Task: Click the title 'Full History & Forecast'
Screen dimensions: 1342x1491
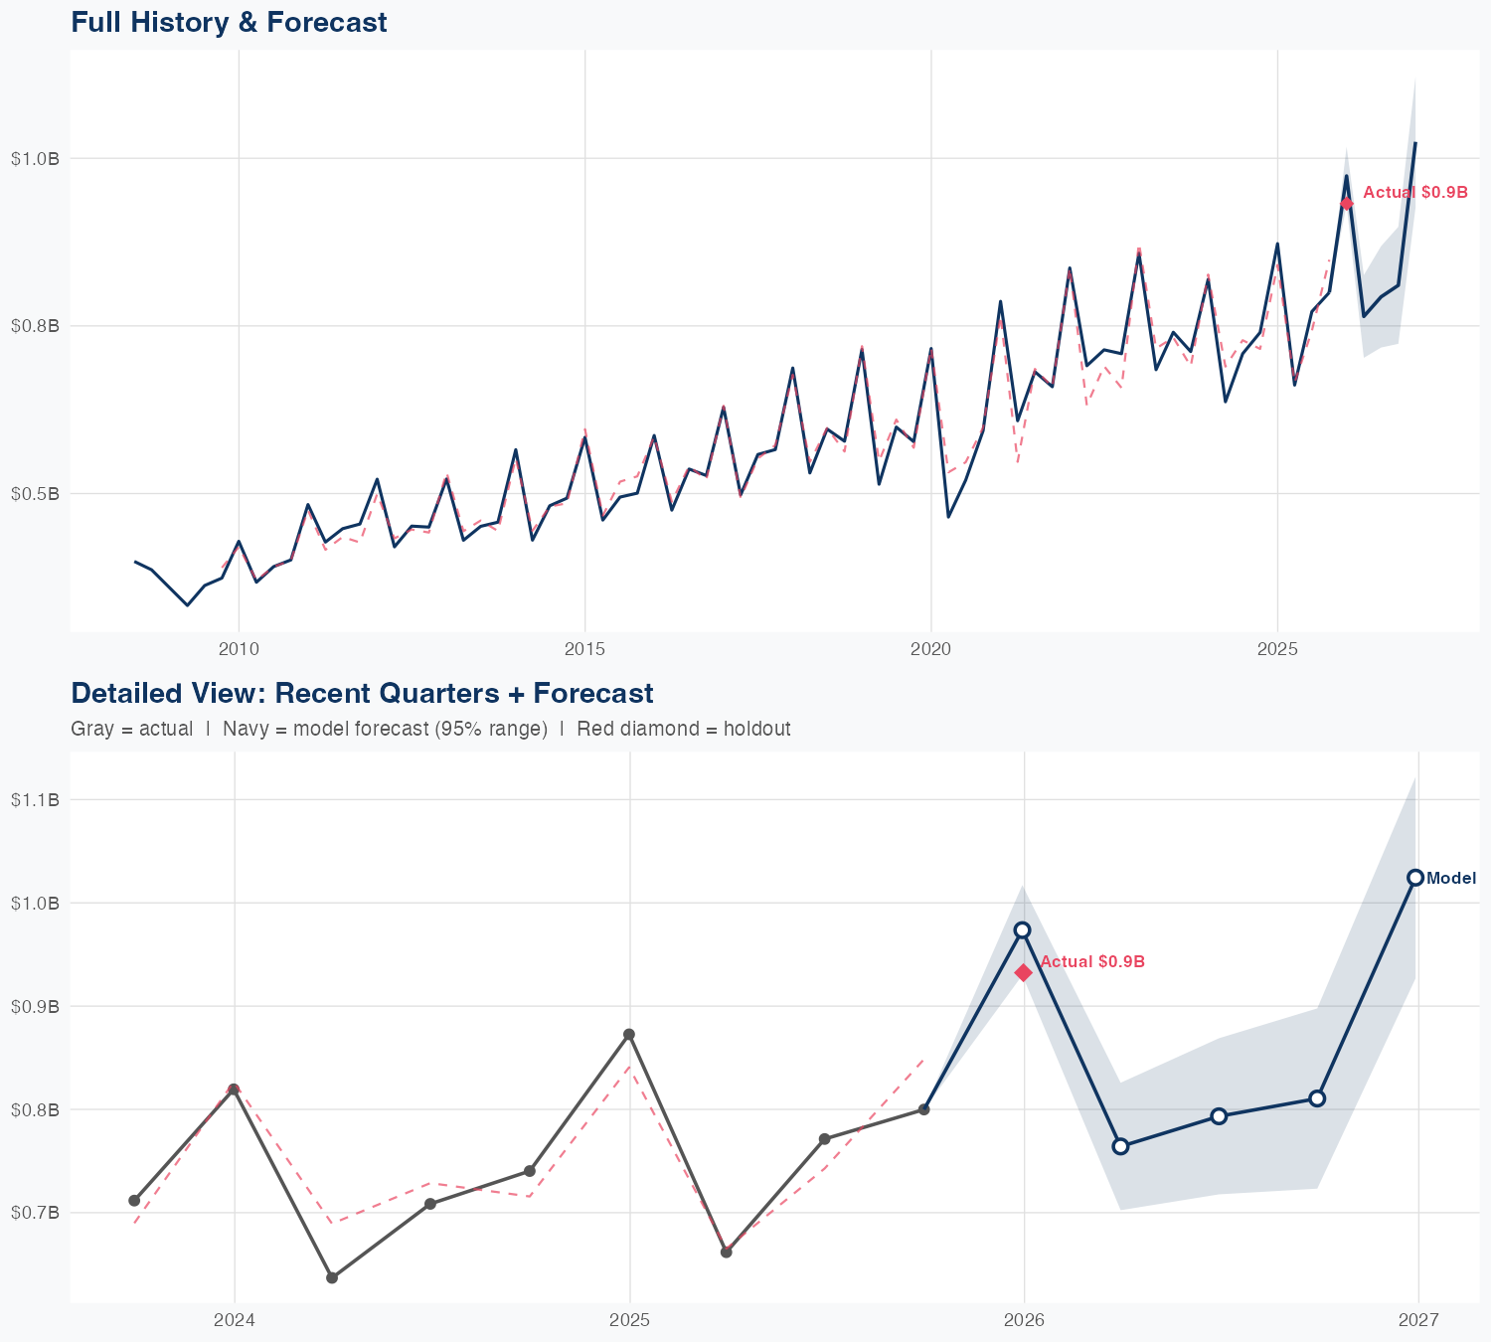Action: point(229,22)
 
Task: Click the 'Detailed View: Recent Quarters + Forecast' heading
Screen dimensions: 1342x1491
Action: point(362,693)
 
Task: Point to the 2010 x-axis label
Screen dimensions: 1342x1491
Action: point(239,649)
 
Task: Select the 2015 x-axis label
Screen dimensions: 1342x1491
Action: point(584,649)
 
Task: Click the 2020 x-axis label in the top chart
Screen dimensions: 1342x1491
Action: point(931,649)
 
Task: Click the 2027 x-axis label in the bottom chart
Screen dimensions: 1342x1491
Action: point(1418,1321)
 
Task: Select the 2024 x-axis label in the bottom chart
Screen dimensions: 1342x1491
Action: point(235,1321)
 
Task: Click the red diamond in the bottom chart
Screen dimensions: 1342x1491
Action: point(1024,972)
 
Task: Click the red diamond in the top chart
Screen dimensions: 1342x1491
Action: point(1347,204)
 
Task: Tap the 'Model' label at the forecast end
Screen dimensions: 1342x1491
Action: point(1451,879)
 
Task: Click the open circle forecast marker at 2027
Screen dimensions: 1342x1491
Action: point(1415,878)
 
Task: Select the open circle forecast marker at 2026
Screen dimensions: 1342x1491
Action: point(1022,930)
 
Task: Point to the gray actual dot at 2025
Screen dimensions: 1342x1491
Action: point(629,1035)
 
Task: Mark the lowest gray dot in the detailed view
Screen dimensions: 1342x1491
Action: point(332,1277)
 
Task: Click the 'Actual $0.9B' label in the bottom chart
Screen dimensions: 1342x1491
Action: point(1092,962)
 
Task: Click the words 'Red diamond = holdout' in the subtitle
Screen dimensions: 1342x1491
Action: point(684,729)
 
